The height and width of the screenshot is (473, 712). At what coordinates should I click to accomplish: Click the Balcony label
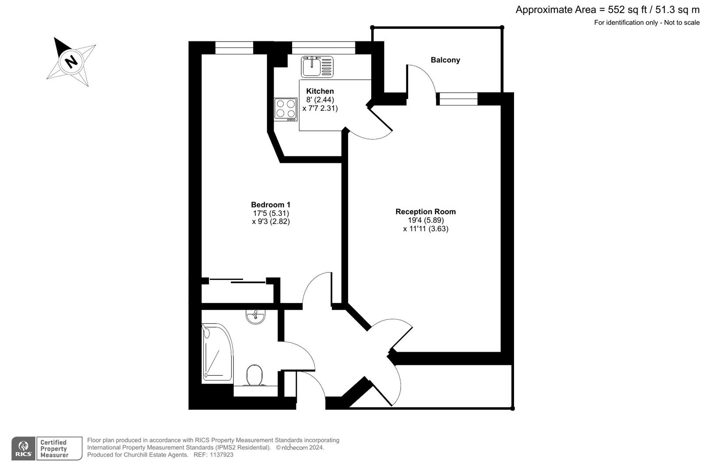click(x=445, y=60)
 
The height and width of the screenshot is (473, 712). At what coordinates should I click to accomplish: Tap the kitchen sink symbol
click(x=317, y=67)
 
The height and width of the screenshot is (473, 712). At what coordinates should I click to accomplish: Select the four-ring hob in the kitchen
click(x=286, y=109)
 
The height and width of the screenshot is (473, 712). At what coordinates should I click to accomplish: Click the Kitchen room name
click(x=320, y=91)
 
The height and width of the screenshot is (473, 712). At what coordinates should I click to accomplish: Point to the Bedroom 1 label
click(x=270, y=205)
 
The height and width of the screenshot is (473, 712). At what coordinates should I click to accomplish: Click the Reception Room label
click(x=425, y=212)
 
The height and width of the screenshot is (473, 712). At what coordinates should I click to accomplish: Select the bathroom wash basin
click(x=255, y=317)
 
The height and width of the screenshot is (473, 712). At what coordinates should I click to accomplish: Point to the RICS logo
click(x=23, y=448)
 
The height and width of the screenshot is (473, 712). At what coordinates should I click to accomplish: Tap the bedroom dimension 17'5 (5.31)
click(x=271, y=213)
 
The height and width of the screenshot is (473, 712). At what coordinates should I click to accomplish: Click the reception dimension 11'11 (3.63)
click(x=426, y=229)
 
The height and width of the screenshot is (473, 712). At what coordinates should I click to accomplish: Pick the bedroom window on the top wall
click(x=234, y=48)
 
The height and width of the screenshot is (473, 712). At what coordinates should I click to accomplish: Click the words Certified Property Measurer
click(x=54, y=449)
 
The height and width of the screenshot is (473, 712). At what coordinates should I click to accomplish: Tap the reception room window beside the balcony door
click(x=457, y=99)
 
